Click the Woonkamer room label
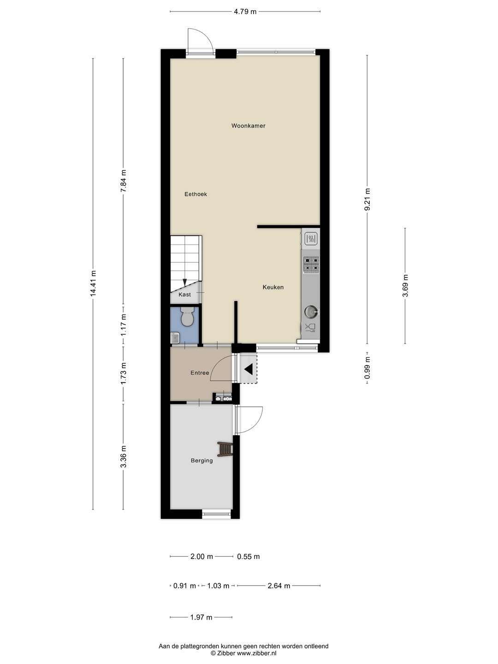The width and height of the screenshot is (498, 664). click(248, 125)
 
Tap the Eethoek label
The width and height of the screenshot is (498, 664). click(196, 194)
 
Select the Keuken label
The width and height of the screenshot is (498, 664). click(273, 287)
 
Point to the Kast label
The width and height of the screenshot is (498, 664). click(184, 294)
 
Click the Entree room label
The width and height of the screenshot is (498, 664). click(200, 373)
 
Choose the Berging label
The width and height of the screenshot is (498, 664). click(202, 460)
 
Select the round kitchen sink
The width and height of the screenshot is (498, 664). click(311, 312)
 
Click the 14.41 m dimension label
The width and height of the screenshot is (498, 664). click(93, 284)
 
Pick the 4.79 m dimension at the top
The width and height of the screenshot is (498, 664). click(245, 12)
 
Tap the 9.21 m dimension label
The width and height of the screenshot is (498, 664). click(368, 199)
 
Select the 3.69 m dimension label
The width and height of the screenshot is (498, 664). click(405, 285)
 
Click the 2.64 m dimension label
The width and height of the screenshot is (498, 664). click(279, 586)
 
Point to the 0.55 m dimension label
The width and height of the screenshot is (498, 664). click(248, 556)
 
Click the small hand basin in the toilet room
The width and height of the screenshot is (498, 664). click(175, 338)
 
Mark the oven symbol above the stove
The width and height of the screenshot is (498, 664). click(311, 239)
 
